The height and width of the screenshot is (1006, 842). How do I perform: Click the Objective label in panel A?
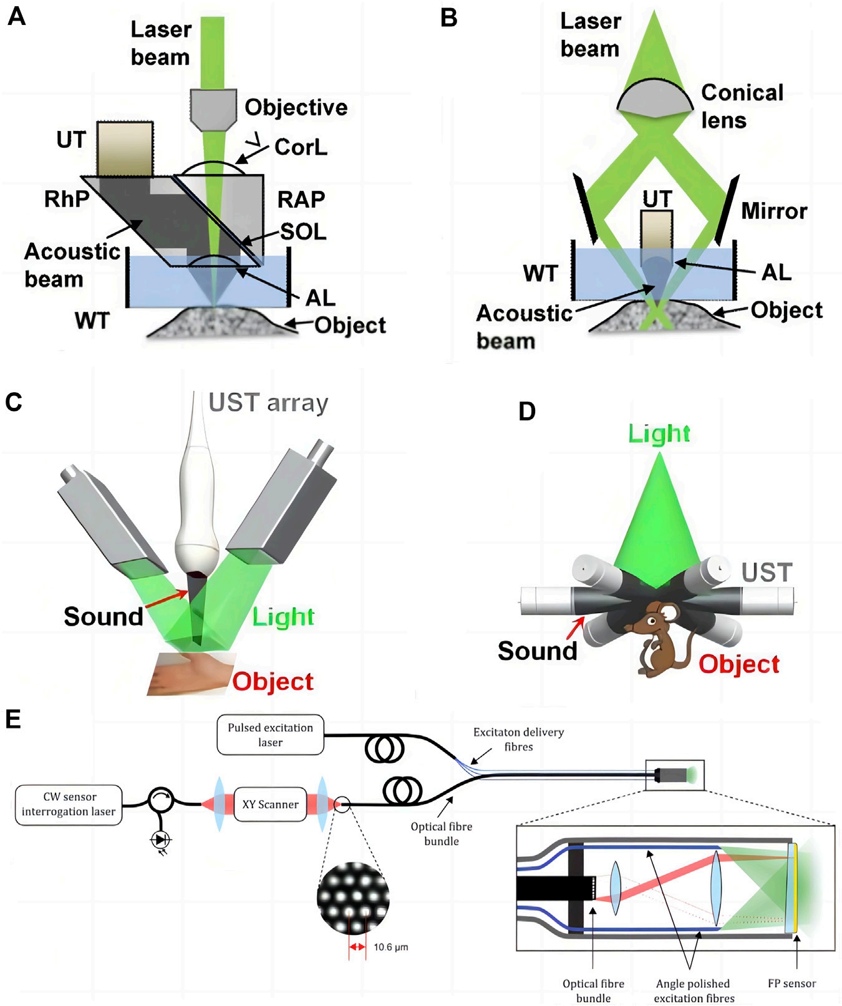[x=296, y=107]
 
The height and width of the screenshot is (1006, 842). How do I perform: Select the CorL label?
[x=301, y=147]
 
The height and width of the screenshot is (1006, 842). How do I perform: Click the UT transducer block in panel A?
[x=125, y=148]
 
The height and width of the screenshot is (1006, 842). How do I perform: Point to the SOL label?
[x=303, y=231]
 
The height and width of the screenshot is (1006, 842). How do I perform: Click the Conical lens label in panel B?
[x=742, y=106]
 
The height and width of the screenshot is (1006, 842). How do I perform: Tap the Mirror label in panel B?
[x=774, y=211]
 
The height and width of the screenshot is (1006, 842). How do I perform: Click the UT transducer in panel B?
[x=657, y=231]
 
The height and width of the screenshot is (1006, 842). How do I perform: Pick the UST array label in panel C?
[x=268, y=403]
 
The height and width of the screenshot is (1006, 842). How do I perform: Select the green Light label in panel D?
[x=659, y=433]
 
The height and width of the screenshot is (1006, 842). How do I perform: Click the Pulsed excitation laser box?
[x=270, y=735]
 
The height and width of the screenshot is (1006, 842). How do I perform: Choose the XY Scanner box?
[x=270, y=805]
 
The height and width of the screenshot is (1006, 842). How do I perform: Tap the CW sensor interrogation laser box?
[x=69, y=805]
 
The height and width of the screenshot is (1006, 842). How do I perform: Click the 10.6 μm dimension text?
[x=390, y=947]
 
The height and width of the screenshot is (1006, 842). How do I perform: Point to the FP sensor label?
[x=791, y=984]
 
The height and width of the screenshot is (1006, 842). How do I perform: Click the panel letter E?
[x=13, y=719]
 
